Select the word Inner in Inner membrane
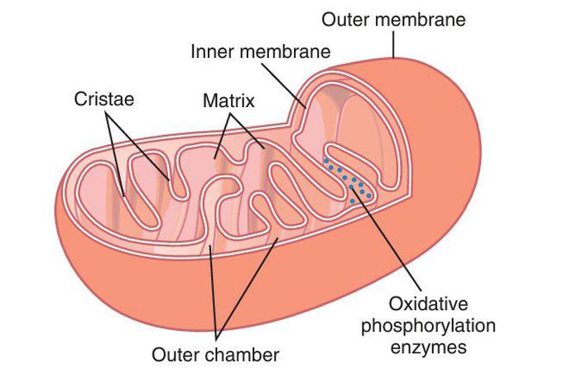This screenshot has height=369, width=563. pyautogui.click(x=209, y=51)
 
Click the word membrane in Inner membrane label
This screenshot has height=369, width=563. pyautogui.click(x=283, y=51)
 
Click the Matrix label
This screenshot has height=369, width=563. pyautogui.click(x=228, y=101)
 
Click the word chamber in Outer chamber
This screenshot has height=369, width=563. pyautogui.click(x=240, y=354)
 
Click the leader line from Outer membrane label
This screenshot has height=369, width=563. pyautogui.click(x=395, y=42)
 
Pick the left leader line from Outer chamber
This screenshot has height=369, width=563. pyautogui.click(x=214, y=290)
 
